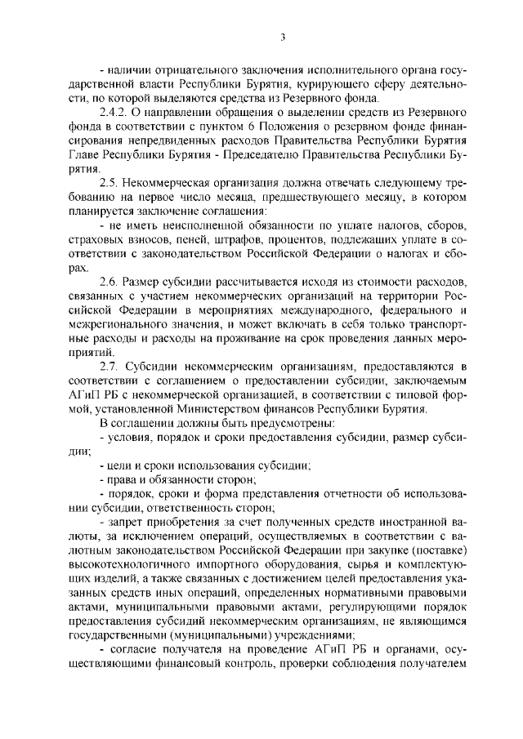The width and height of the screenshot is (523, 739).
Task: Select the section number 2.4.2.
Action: tap(114, 109)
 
